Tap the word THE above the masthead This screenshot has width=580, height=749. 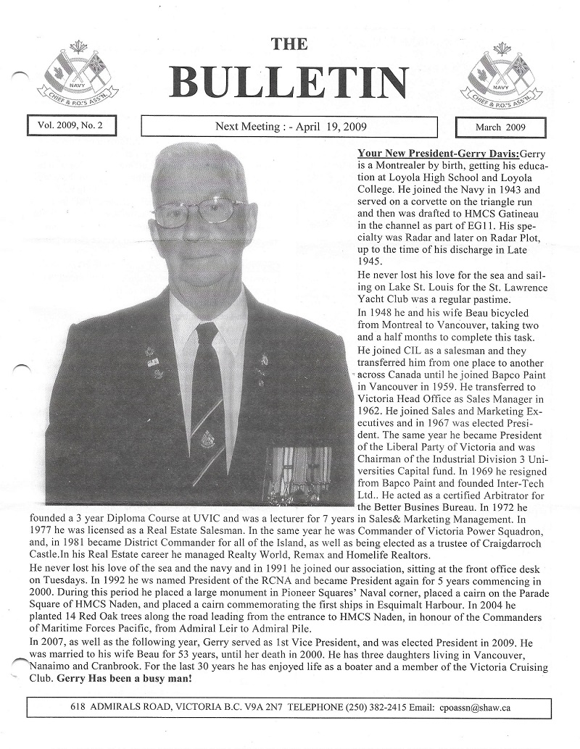pyautogui.click(x=289, y=44)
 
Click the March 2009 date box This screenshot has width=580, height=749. pyautogui.click(x=500, y=127)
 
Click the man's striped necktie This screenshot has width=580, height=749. pyautogui.click(x=208, y=398)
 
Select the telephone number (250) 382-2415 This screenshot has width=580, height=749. pyautogui.click(x=370, y=706)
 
